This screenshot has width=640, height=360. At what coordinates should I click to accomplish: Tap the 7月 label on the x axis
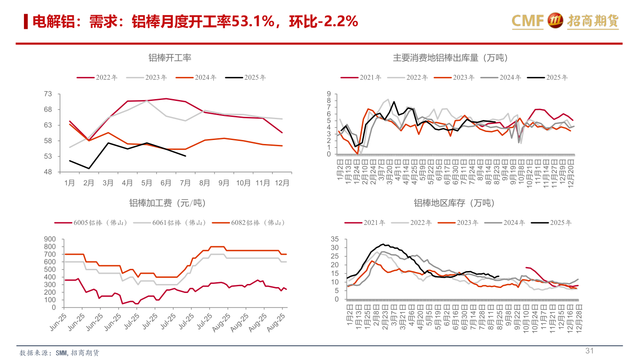tap(185, 183)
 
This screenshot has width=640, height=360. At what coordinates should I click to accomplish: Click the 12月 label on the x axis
tap(282, 183)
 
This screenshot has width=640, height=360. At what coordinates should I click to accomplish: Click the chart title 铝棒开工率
tap(170, 58)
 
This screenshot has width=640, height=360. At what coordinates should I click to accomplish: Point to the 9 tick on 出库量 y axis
tap(329, 94)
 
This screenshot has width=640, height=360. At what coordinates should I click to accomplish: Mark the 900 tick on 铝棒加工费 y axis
tap(50, 239)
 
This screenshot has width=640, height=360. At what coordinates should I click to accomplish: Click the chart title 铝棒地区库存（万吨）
tap(454, 203)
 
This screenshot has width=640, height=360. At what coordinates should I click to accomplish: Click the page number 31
tap(590, 351)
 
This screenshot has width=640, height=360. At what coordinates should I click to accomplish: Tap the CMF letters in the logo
tap(528, 20)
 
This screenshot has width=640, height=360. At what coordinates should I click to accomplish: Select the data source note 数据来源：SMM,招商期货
tap(60, 353)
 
